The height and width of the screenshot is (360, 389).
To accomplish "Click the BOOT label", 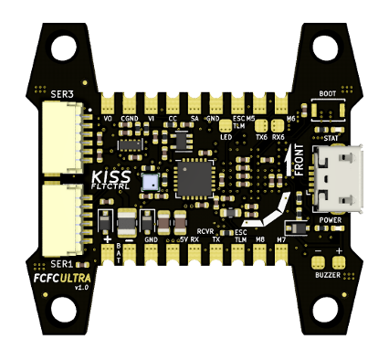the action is (x=330, y=93).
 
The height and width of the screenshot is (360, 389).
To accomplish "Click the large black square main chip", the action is (x=194, y=178).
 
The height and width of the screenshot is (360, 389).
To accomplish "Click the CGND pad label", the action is (x=130, y=119).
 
